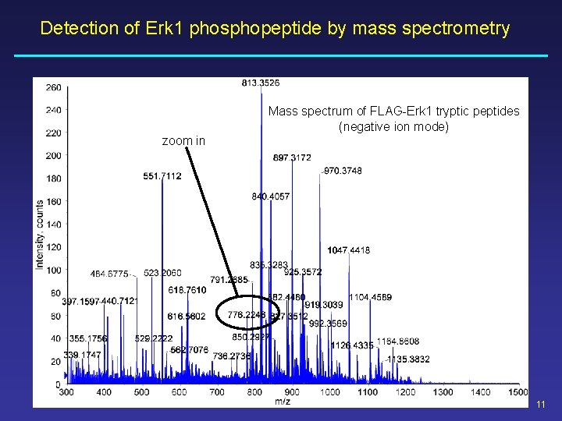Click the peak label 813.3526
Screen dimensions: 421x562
point(261,83)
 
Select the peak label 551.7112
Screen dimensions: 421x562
point(162,176)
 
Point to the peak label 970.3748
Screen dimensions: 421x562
point(343,171)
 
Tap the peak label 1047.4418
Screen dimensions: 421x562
point(349,250)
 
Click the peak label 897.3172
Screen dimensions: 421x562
point(292,158)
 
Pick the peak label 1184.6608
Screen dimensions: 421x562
point(398,341)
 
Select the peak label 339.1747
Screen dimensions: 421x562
point(83,355)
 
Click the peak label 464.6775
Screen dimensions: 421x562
point(110,274)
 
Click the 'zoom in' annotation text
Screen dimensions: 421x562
point(183,141)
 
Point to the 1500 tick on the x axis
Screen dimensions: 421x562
point(518,392)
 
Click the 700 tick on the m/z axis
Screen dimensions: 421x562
point(216,392)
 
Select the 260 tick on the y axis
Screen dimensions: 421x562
point(53,87)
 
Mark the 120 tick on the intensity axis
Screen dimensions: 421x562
point(53,247)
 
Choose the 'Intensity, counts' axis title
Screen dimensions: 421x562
point(39,235)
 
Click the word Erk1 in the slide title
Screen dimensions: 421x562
point(165,29)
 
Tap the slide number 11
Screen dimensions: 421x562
point(541,404)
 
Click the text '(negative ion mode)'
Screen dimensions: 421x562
point(393,126)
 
